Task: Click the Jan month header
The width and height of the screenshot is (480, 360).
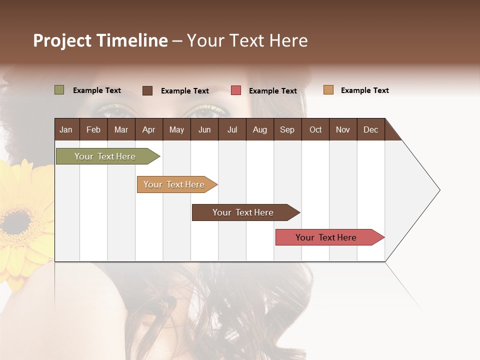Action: point(66,130)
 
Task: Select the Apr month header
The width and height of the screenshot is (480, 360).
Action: point(148,130)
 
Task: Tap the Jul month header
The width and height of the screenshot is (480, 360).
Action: point(232,130)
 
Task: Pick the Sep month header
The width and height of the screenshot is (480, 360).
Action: point(287,130)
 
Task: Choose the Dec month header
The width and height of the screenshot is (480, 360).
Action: point(370,130)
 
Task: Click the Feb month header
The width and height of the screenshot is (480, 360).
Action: point(93,130)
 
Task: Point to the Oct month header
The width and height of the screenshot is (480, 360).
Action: point(315,130)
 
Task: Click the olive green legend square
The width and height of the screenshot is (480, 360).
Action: point(59,90)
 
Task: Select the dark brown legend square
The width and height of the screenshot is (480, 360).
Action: point(147,90)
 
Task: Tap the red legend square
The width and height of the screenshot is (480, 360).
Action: point(236,90)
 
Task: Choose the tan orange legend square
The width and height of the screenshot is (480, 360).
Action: point(328,90)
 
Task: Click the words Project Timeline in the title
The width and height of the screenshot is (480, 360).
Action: point(100,40)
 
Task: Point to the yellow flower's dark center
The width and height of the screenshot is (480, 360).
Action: point(16,223)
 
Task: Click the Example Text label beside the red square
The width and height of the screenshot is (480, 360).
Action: point(272,91)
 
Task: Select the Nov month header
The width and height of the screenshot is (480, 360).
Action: point(343,130)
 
